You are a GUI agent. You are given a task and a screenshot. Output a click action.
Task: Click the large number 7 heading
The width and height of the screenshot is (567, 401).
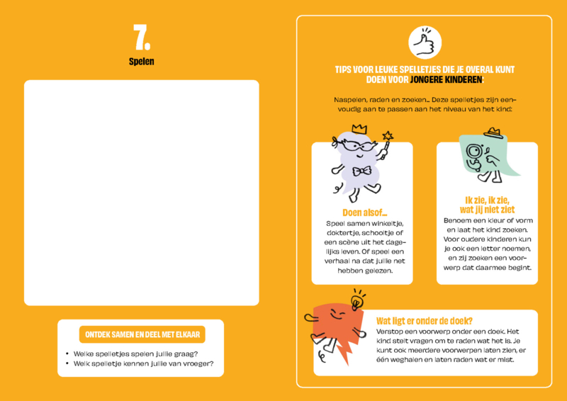141,38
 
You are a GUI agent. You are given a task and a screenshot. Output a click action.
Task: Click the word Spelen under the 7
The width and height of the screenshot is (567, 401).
141,62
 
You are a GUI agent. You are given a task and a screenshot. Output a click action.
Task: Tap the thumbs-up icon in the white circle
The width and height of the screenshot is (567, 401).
425,43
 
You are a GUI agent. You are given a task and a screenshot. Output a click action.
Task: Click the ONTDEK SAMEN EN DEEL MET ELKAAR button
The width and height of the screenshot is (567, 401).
142,334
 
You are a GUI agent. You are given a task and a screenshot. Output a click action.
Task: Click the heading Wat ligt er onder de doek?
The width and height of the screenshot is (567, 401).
425,321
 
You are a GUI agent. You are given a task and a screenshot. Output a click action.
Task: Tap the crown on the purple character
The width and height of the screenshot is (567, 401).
359,129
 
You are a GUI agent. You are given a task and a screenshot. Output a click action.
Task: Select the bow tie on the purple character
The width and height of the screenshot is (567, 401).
362,171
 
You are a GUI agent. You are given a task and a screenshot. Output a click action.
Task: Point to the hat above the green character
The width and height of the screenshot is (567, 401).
493,132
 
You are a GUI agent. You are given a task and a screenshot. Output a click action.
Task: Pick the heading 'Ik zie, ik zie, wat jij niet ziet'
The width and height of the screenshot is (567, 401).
487,205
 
